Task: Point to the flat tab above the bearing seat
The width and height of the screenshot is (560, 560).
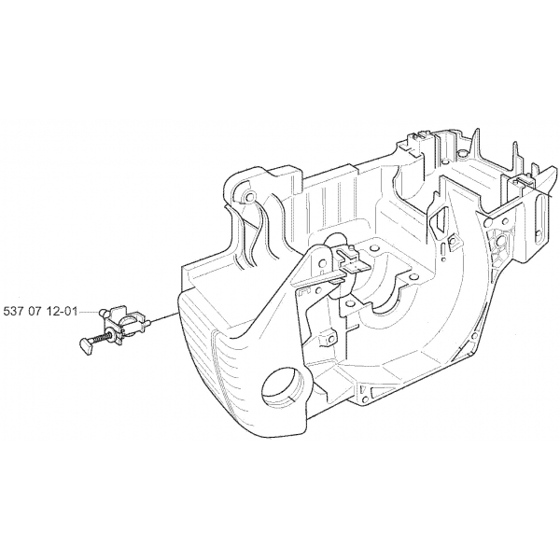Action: pos(355,266)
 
